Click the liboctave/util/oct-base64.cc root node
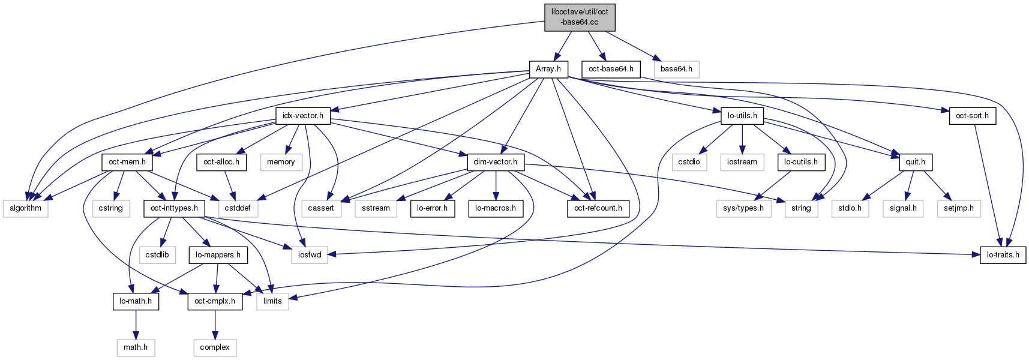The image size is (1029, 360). click(x=580, y=17)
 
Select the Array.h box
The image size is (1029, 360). click(x=548, y=69)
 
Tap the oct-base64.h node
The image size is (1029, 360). click(x=611, y=69)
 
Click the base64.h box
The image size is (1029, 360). click(x=676, y=69)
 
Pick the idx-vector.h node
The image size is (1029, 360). click(x=303, y=116)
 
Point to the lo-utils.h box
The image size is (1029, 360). click(x=742, y=116)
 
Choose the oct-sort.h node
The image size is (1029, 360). click(x=972, y=116)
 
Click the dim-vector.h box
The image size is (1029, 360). click(x=496, y=162)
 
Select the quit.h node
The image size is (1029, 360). click(x=915, y=162)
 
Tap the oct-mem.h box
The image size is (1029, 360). click(x=127, y=162)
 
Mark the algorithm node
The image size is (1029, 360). click(x=25, y=208)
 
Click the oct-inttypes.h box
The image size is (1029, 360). click(x=175, y=208)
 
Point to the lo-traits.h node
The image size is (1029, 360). click(x=1003, y=255)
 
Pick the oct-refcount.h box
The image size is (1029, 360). click(x=598, y=208)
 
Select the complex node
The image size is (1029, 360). click(x=215, y=347)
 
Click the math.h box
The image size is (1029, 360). click(x=136, y=347)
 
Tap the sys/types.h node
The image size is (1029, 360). click(x=743, y=208)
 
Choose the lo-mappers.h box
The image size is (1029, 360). click(x=218, y=255)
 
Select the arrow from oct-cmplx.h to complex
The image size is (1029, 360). click(x=215, y=324)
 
